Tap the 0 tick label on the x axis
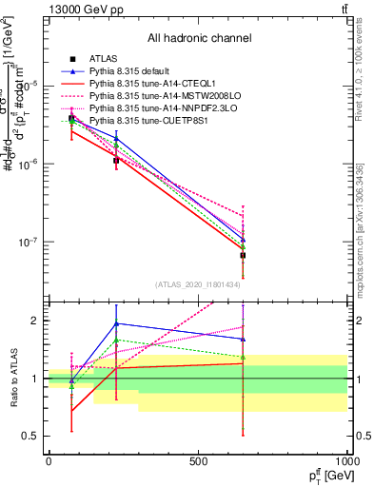(x=49, y=461)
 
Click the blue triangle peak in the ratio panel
(x=116, y=323)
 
